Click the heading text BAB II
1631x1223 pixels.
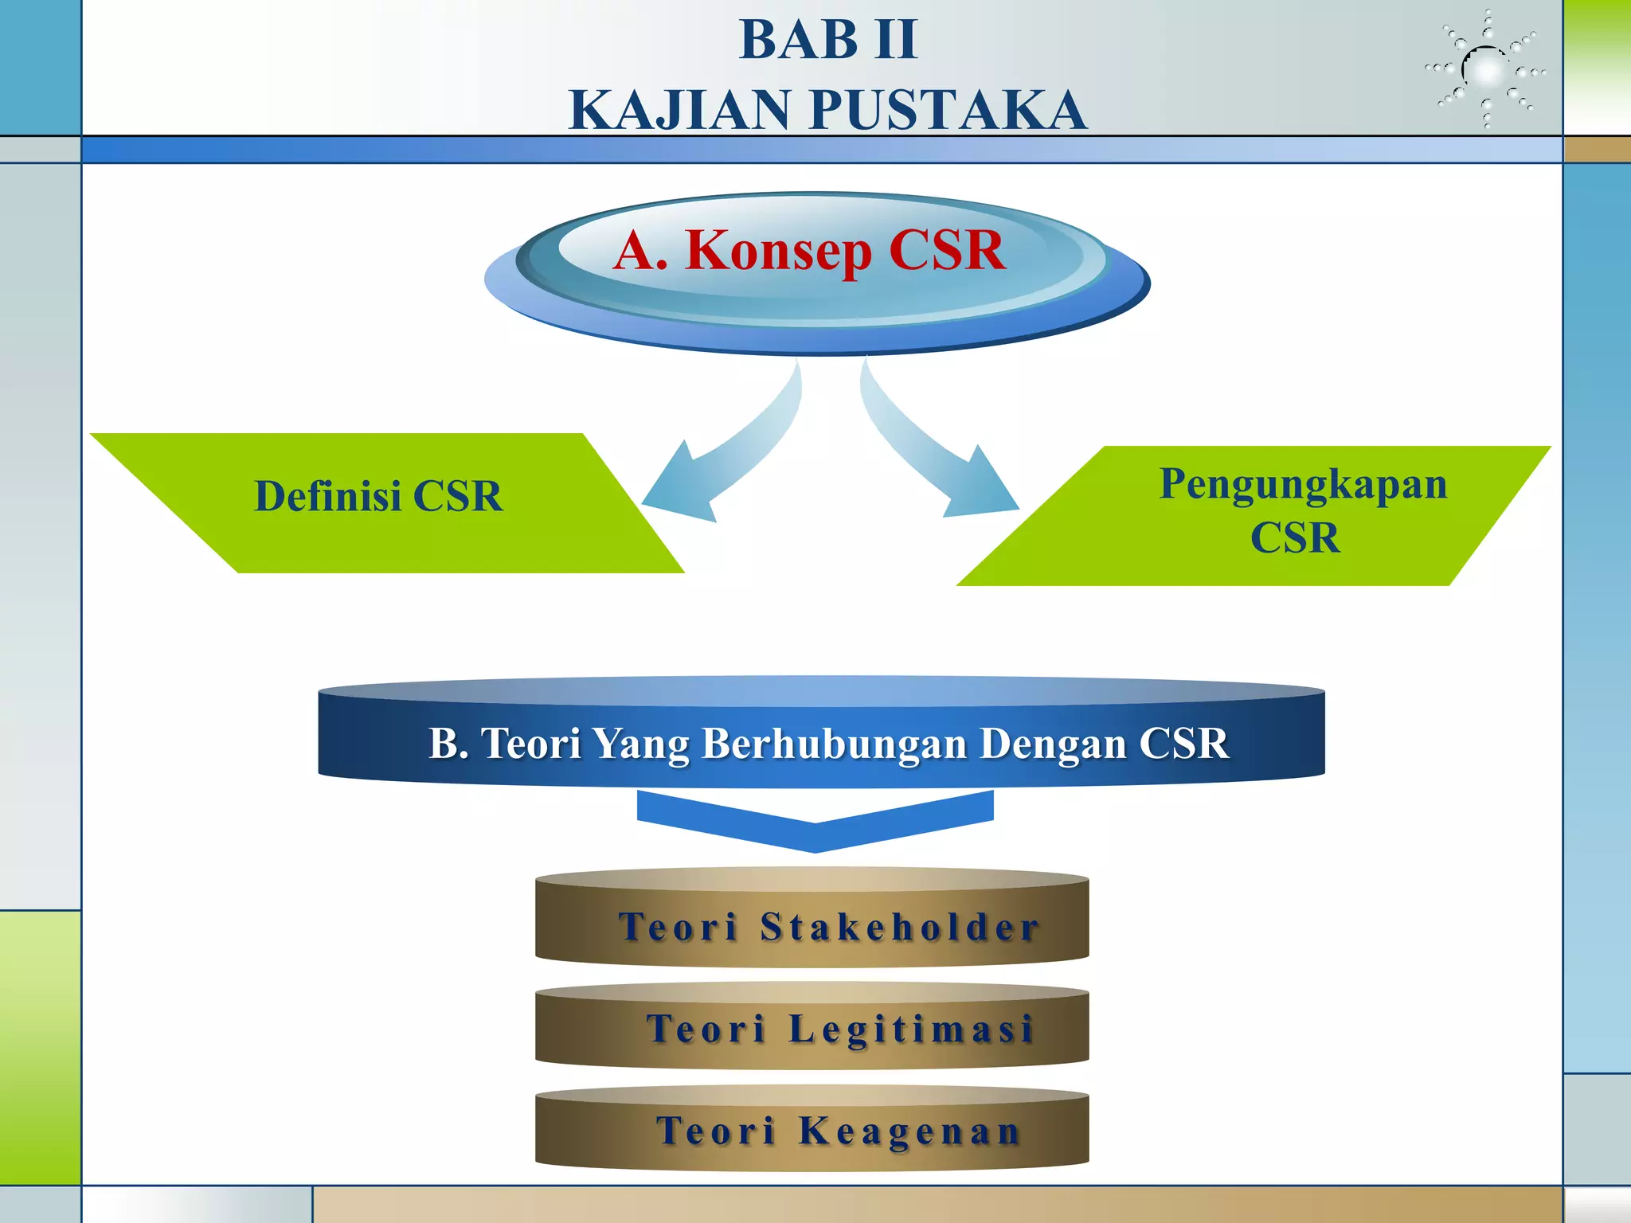tap(828, 40)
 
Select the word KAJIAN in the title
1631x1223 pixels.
tap(682, 110)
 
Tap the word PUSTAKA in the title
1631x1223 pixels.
tap(948, 110)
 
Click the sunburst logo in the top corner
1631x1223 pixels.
tap(1486, 70)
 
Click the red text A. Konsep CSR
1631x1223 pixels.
tap(809, 250)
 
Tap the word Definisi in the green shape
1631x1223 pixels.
tap(327, 496)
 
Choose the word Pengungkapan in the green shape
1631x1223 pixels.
tap(1303, 484)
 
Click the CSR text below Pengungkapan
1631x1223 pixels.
tap(1295, 537)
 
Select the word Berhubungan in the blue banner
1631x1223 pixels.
tap(835, 744)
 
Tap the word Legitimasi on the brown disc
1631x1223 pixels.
tap(911, 1029)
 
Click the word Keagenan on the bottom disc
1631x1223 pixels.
tap(909, 1131)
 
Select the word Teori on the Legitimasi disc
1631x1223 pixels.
tap(706, 1029)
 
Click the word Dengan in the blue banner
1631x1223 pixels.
tap(1053, 744)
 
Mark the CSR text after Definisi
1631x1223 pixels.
tap(458, 496)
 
